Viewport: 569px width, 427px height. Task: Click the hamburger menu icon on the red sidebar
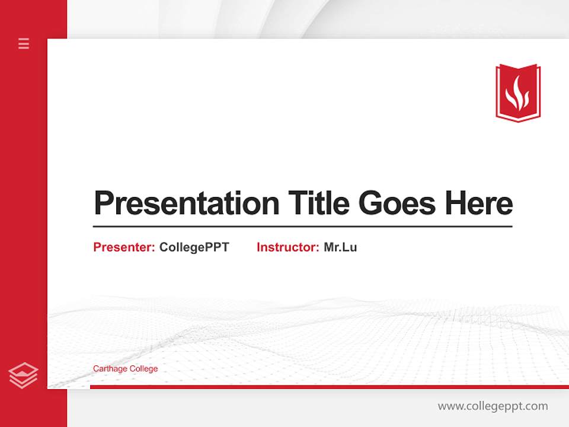click(x=24, y=43)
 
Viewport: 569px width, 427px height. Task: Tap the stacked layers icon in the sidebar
click(x=23, y=375)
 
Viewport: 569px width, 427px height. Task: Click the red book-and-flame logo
click(x=518, y=93)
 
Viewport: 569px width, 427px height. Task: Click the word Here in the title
click(x=479, y=203)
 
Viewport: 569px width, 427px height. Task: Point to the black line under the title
click(x=302, y=227)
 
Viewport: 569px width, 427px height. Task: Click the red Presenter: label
click(x=124, y=247)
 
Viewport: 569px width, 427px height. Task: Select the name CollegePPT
click(x=194, y=247)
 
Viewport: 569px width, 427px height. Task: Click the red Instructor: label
click(x=287, y=247)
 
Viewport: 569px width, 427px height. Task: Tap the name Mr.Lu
click(x=340, y=247)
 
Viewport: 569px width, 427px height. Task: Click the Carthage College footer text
click(x=125, y=369)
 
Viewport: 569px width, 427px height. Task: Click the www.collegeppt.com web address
click(x=493, y=406)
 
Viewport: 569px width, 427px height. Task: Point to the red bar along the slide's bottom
click(x=329, y=387)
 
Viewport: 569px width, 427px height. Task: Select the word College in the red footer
click(x=144, y=369)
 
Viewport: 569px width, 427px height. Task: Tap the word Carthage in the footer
click(x=110, y=369)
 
